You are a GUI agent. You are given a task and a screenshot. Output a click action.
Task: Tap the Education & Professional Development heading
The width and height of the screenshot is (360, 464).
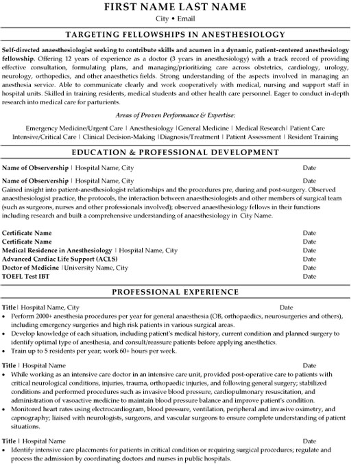180,152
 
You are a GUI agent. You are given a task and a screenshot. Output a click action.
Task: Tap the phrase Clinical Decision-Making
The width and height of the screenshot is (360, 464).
129,137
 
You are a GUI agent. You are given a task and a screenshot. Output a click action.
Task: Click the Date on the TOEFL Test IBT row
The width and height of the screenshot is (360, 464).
309,276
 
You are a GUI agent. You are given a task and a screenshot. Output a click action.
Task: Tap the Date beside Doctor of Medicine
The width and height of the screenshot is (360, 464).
309,267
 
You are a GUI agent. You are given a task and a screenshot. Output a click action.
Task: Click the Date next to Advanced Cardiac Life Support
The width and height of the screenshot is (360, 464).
309,259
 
